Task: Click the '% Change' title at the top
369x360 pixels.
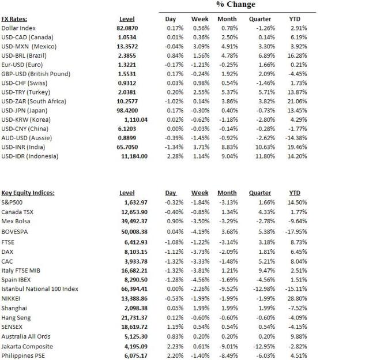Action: click(235, 5)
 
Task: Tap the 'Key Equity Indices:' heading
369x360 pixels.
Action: click(28, 193)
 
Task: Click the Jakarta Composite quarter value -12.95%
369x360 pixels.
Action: click(259, 347)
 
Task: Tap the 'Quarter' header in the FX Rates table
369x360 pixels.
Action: click(259, 19)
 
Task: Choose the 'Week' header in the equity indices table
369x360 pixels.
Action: click(199, 193)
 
